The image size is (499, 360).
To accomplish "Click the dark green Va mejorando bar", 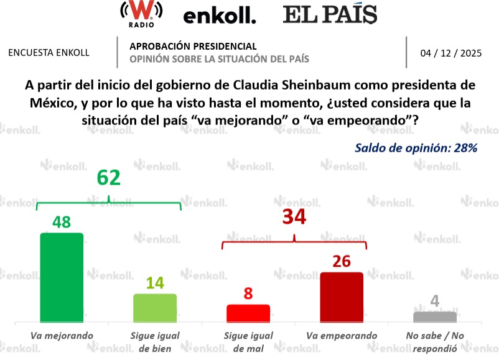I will click(62, 277).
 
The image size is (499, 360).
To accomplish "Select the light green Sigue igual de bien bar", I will click(155, 308).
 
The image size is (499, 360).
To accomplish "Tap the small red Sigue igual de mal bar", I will click(248, 313).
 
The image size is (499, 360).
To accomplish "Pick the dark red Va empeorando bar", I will click(341, 297).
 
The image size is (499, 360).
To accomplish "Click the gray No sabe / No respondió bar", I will click(435, 316).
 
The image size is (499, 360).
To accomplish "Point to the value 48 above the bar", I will click(62, 222).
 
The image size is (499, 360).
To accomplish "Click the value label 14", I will click(155, 284).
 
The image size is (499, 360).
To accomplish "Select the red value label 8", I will click(248, 293).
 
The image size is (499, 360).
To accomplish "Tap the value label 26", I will click(341, 261).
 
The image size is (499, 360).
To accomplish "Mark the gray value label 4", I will click(435, 302).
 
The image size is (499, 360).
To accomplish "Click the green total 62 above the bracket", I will click(108, 178).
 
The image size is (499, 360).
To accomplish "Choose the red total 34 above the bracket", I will click(295, 218).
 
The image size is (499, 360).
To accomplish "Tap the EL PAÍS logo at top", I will click(330, 14).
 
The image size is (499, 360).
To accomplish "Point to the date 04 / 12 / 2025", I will click(451, 53).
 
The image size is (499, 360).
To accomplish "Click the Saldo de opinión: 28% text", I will click(416, 148).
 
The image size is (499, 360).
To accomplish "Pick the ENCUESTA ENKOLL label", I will click(49, 53).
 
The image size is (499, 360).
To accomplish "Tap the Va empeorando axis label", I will click(342, 336).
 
